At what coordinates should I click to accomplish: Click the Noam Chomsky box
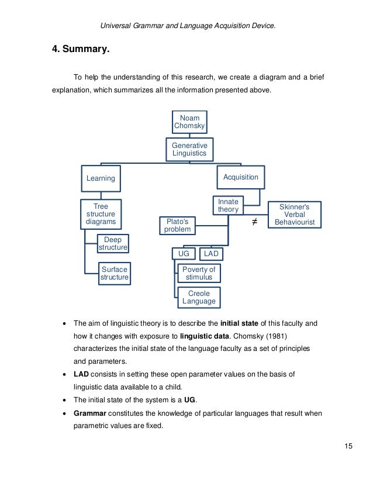point(189,122)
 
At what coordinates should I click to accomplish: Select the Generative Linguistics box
point(189,149)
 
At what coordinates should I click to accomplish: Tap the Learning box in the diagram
point(101,178)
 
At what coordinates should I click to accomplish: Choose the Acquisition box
point(241,177)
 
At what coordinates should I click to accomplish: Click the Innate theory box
point(228,205)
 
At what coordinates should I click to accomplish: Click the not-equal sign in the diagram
point(254,222)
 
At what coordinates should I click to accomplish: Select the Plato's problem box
point(177,225)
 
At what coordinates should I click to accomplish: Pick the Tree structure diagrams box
point(101,214)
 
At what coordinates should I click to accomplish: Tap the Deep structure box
point(113,243)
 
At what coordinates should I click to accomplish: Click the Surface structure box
point(114,273)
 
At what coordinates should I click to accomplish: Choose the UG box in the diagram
point(184,254)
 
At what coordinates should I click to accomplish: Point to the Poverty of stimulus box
point(199,273)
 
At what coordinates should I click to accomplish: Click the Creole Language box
point(199,297)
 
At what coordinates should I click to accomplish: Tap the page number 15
point(348,447)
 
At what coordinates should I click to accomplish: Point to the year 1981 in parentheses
point(288,337)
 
